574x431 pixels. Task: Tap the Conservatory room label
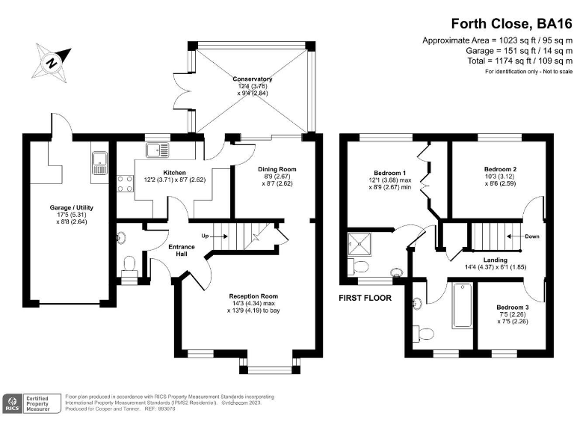coord(252,79)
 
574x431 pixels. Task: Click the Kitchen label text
coord(174,173)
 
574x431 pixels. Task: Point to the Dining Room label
coord(277,169)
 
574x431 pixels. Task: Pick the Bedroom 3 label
coord(513,308)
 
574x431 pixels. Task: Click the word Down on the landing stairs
coord(532,236)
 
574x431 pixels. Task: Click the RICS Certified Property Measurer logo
coord(31,403)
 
